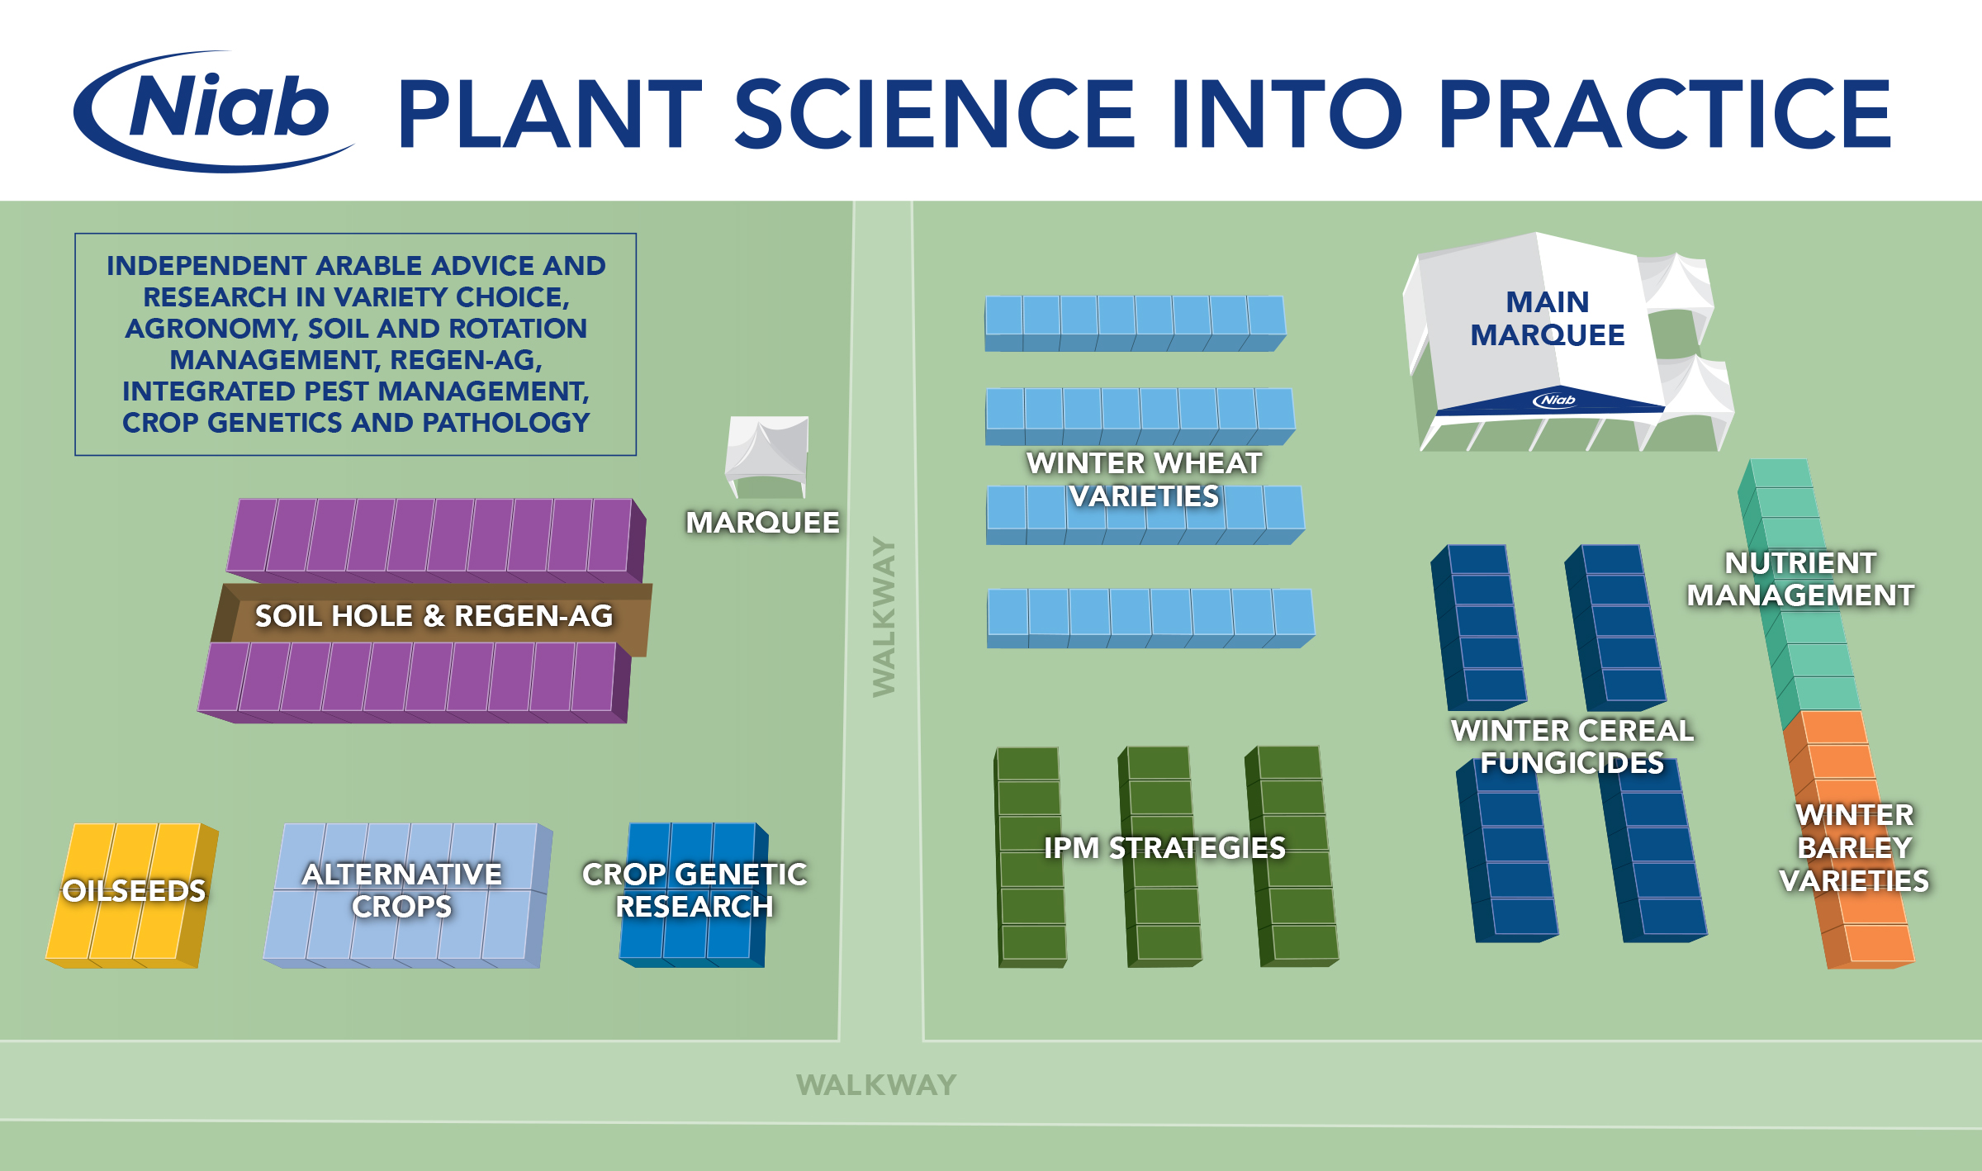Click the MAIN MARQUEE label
(1547, 318)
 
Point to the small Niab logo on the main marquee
(1554, 401)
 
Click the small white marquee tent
(766, 454)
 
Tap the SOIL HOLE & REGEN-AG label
(434, 616)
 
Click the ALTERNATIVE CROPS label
(402, 890)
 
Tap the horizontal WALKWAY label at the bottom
(876, 1084)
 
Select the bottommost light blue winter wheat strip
(1150, 618)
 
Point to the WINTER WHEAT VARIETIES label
(1144, 479)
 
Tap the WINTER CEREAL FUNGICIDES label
(1572, 747)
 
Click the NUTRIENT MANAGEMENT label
(1800, 579)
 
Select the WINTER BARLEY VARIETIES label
(1854, 847)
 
